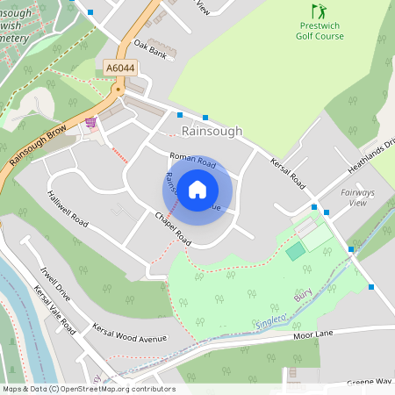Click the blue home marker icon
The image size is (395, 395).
pos(197,189)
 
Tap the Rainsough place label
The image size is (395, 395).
pos(211,131)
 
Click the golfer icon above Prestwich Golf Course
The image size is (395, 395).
pos(319,11)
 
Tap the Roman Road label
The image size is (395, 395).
pos(193,161)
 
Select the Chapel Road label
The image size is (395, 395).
pos(173,227)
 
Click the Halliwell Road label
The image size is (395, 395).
pos(68,210)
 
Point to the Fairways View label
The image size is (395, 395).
pos(357,197)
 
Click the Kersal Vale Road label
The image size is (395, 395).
pos(54,307)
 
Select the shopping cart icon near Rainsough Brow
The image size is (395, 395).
pos(91,123)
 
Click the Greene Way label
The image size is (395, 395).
pos(369,382)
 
